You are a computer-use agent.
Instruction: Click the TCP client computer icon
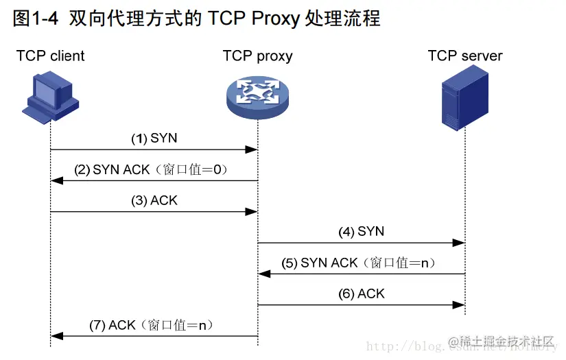point(50,100)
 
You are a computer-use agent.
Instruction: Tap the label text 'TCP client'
point(51,56)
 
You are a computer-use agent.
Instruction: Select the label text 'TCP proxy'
point(257,56)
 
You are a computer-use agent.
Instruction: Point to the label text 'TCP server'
point(465,56)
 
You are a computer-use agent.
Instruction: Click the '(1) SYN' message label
point(154,138)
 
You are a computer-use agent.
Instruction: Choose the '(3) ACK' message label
point(154,201)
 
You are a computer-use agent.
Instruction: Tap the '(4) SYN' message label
point(361,232)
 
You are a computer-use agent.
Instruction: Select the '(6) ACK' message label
point(361,293)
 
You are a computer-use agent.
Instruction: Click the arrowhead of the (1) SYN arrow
point(252,149)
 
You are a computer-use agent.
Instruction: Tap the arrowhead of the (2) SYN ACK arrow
point(57,180)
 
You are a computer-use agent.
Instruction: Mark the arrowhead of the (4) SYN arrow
point(459,242)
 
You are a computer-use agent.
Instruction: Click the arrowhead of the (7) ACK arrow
point(57,336)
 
